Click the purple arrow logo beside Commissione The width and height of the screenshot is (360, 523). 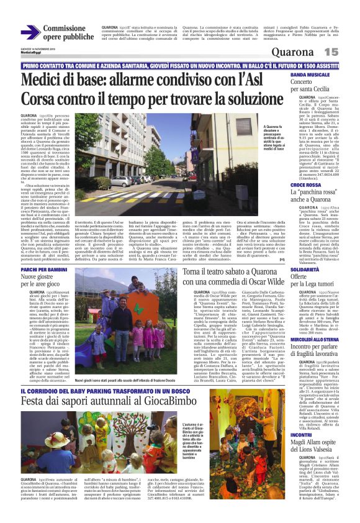tap(30, 32)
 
